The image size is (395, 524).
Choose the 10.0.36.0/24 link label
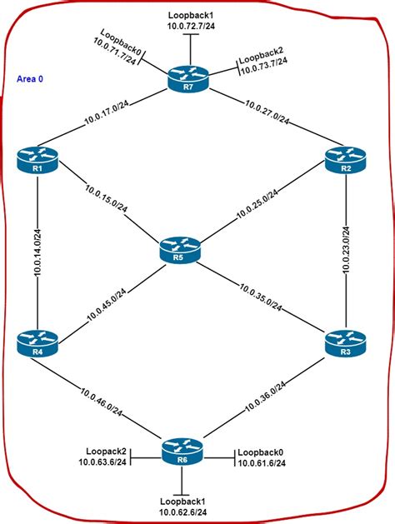click(268, 397)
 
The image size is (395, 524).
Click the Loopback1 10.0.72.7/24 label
click(190, 22)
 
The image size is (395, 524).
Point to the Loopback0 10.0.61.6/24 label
click(260, 457)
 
